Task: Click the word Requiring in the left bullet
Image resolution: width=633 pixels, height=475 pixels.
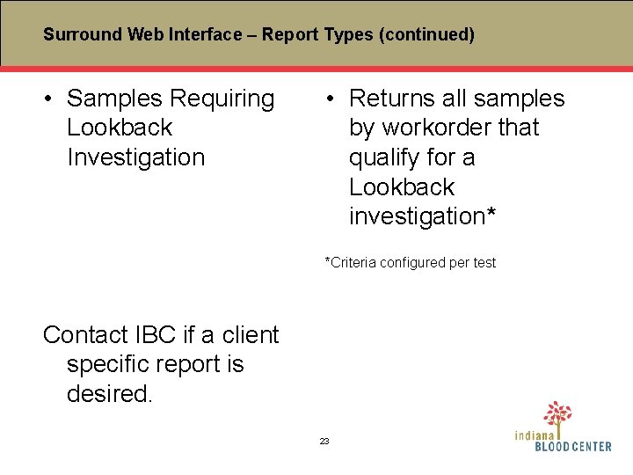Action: tap(222, 99)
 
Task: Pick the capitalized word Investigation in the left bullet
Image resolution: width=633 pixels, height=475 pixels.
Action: tap(135, 157)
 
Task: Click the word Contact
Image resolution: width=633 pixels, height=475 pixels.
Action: tap(85, 335)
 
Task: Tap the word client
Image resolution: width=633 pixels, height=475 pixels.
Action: tap(251, 335)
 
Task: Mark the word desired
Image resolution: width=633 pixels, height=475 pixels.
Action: tap(109, 394)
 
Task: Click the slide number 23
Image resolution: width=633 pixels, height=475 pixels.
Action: tap(324, 441)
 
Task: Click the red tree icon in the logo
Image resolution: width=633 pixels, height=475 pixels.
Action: tap(557, 414)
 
